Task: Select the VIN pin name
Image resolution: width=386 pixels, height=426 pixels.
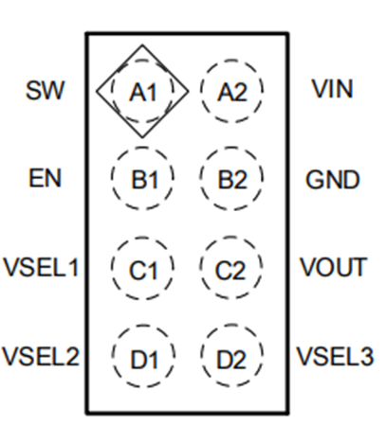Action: [x=332, y=90]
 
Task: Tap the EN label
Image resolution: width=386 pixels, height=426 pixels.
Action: [x=45, y=178]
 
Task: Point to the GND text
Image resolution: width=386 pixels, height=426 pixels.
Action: [x=333, y=179]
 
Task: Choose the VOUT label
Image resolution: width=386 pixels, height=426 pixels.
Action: [x=333, y=268]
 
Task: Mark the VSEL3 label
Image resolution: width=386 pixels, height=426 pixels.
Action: [x=335, y=357]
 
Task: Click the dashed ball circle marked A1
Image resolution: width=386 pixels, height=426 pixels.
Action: [x=142, y=92]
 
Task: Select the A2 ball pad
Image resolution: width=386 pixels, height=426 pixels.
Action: [x=231, y=92]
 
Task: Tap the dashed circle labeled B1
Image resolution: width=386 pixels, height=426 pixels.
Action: [x=142, y=179]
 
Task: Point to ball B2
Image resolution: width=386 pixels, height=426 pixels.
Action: [x=231, y=179]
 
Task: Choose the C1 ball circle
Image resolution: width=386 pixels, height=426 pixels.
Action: [x=142, y=269]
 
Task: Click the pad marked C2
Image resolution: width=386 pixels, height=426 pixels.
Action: [x=231, y=269]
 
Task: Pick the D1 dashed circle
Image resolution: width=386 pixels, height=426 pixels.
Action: [x=142, y=358]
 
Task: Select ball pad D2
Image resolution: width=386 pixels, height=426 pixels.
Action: [x=231, y=358]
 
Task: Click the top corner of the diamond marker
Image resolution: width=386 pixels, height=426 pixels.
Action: [x=142, y=44]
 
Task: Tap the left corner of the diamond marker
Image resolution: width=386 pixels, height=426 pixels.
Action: [x=97, y=91]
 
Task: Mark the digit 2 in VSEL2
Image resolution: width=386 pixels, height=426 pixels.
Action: [x=71, y=357]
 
